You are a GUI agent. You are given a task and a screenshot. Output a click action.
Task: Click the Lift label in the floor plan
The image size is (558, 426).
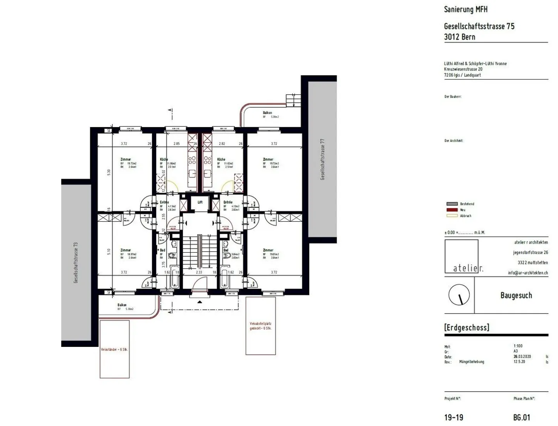pos(200,202)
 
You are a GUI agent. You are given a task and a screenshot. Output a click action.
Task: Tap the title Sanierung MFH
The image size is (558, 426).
pos(465,9)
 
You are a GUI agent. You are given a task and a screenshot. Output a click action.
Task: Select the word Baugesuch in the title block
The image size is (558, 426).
pos(516,295)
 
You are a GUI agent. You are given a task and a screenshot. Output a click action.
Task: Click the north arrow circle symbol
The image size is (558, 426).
pos(459,295)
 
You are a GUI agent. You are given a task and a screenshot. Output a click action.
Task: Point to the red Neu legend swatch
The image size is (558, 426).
pos(452,210)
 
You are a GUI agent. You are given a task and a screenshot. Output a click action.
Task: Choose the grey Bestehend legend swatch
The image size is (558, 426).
pos(452,204)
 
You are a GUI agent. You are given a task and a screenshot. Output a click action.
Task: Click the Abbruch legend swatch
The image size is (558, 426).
pos(452,216)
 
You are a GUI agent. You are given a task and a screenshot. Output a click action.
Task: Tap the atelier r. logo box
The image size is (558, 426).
pos(462,257)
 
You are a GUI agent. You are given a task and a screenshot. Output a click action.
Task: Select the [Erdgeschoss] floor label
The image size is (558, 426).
pos(467,328)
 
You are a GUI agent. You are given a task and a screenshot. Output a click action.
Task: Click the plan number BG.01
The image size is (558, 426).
pos(521,417)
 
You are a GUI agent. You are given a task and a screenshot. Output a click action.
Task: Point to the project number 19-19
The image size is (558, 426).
pos(453,417)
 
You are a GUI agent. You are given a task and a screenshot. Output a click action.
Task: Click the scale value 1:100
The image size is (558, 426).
pos(518,346)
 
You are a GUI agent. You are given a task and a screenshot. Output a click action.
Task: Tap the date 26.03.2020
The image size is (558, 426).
pos(522,357)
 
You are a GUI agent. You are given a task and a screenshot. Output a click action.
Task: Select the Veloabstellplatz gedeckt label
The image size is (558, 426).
pos(260,326)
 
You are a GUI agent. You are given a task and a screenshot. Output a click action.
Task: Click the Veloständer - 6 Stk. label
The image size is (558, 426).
pos(114,349)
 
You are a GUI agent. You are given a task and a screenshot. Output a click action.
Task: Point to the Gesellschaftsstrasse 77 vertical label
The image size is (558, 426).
pos(322,159)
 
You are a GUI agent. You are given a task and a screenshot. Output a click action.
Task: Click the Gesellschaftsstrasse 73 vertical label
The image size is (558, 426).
pos(76,263)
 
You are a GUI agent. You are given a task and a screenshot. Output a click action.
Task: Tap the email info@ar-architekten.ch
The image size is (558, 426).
pos(528,273)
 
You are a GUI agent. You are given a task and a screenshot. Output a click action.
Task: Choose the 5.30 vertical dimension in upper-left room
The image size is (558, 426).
pos(109,172)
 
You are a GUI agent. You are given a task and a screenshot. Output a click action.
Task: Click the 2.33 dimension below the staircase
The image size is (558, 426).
pos(199,273)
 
